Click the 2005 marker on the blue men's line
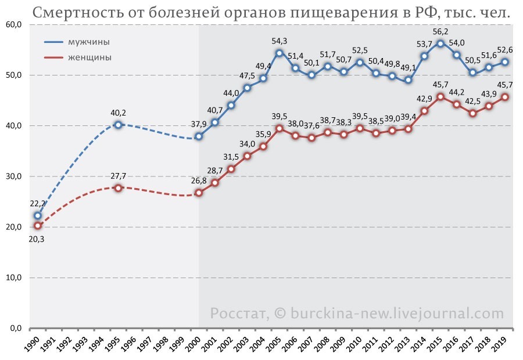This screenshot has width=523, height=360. point(280,53)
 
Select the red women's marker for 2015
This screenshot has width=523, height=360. point(440,96)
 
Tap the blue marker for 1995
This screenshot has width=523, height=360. point(118,124)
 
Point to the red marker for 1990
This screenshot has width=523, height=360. point(38,225)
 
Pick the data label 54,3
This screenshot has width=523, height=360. point(280,41)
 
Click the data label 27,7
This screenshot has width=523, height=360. point(118,177)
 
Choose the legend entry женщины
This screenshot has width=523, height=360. point(89,57)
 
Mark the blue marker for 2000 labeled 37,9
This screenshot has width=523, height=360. point(199,136)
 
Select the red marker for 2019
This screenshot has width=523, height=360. point(504,96)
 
